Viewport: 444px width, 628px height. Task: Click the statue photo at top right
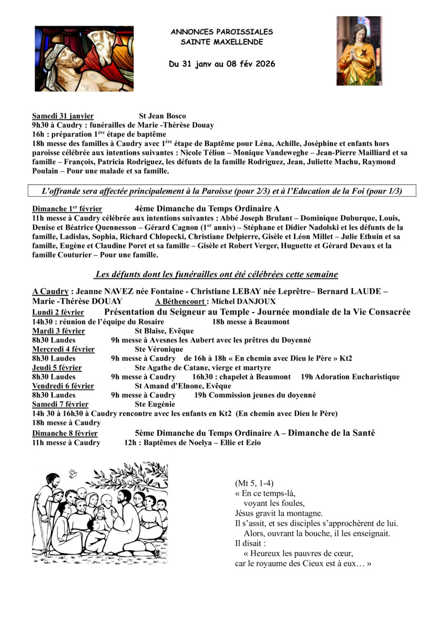point(359,51)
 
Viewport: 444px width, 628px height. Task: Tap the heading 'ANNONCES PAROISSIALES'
point(221,32)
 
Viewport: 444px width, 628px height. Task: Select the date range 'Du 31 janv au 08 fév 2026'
point(221,64)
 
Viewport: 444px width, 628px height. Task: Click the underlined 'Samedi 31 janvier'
point(63,116)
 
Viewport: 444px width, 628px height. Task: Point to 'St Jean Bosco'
point(162,116)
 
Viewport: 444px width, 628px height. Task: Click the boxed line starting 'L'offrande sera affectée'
point(221,191)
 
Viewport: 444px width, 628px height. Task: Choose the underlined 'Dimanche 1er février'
point(67,208)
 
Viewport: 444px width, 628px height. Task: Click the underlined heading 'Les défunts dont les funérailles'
point(216,274)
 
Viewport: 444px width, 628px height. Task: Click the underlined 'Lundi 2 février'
point(58,312)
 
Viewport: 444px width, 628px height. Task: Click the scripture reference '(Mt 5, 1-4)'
point(254,483)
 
